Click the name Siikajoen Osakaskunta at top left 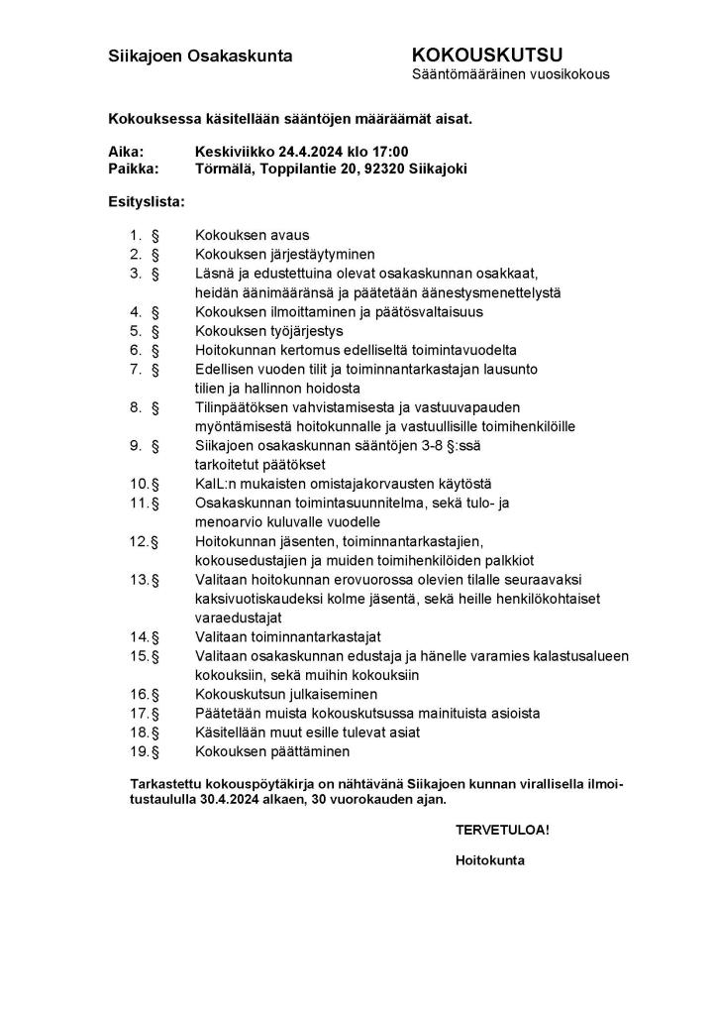(200, 56)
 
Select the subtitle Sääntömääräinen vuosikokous (510, 74)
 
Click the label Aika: (126, 152)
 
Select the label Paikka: (134, 169)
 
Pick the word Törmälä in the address (224, 169)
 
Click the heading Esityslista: (146, 201)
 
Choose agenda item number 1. (137, 235)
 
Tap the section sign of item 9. (154, 445)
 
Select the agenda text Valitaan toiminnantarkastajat (288, 636)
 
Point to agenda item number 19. (139, 751)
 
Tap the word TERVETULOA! (501, 830)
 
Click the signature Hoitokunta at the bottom (490, 860)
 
